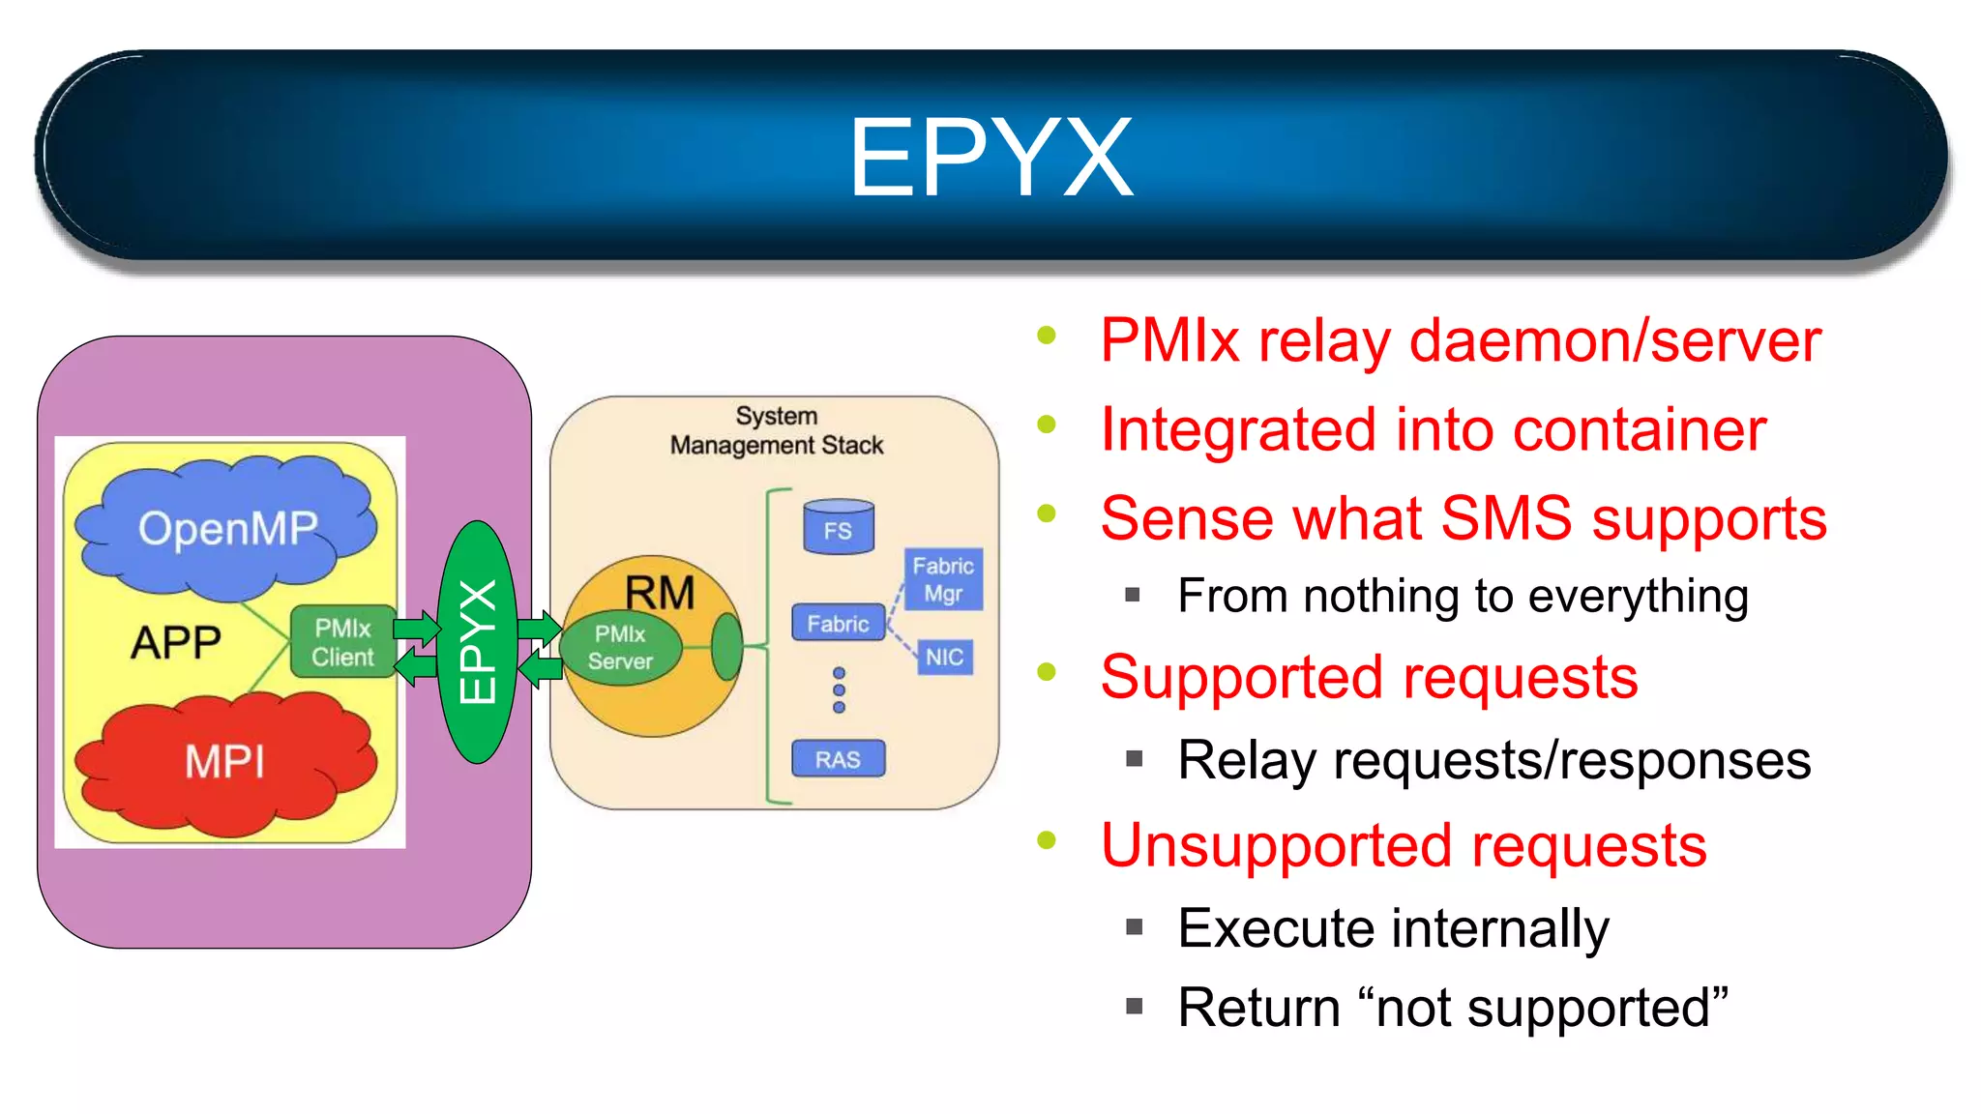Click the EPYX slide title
click(990, 158)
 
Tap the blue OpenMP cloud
click(228, 528)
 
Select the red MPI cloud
click(224, 762)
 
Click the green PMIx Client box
click(342, 643)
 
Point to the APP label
click(176, 642)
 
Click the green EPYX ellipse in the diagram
click(477, 642)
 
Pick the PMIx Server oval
click(621, 648)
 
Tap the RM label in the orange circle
click(660, 593)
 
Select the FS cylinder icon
click(838, 528)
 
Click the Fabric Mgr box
click(943, 579)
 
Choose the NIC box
click(944, 658)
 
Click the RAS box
click(838, 760)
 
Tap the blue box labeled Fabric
click(838, 624)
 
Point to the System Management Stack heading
click(777, 430)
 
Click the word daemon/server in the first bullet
click(1614, 341)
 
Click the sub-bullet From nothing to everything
click(1463, 596)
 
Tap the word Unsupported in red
click(1277, 845)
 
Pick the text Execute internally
click(1393, 928)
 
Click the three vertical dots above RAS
click(839, 689)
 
